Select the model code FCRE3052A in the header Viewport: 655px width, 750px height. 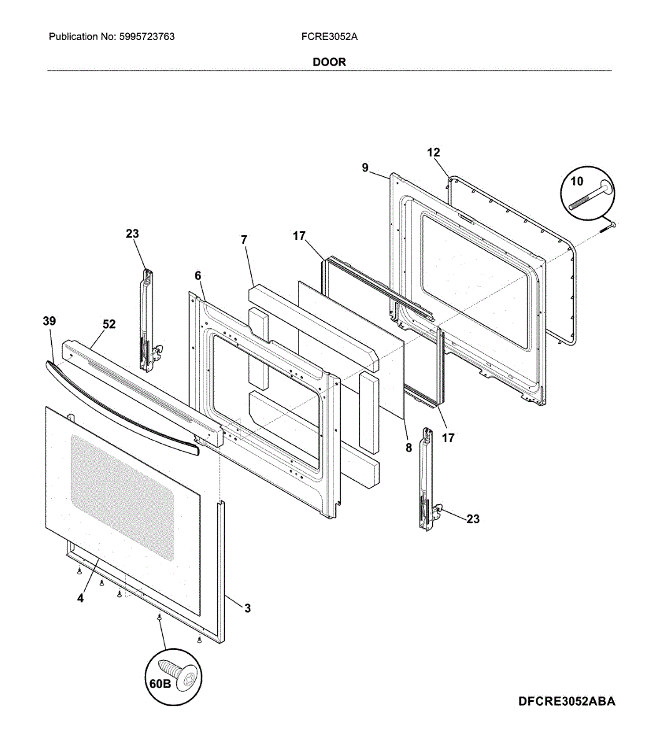click(329, 36)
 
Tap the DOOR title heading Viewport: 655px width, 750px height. click(329, 62)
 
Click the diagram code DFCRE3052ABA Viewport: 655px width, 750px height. click(566, 701)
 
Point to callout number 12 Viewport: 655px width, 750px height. click(433, 152)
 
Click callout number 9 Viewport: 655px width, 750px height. click(365, 167)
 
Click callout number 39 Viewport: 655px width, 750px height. click(49, 321)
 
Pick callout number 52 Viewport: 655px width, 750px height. click(109, 324)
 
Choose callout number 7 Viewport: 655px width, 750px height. click(244, 239)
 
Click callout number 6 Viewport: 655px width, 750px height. click(198, 276)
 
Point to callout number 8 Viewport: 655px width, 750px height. click(409, 447)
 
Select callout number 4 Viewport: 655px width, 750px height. click(81, 598)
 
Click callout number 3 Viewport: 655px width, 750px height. click(247, 608)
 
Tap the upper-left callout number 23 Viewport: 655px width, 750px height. click(132, 234)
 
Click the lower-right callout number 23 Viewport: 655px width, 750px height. click(473, 519)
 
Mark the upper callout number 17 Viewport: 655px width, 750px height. click(299, 236)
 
